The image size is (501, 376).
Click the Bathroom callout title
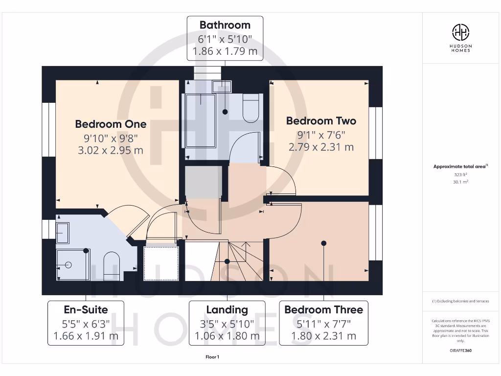click(225, 25)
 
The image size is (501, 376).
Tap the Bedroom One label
click(111, 124)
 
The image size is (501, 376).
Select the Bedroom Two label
click(321, 121)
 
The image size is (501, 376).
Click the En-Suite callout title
click(86, 310)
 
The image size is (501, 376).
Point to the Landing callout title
click(227, 310)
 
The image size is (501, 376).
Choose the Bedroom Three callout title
click(323, 310)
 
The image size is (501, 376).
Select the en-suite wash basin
click(63, 233)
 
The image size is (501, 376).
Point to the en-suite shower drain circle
click(68, 265)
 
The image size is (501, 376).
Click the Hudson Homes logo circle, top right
click(460, 32)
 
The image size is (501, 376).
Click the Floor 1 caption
click(212, 357)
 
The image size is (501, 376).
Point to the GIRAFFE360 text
click(460, 351)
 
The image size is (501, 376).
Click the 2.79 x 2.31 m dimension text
click(321, 147)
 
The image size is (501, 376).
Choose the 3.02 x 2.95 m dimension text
click(111, 150)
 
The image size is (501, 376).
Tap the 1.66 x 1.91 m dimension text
click(86, 336)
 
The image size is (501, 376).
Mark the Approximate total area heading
click(460, 166)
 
